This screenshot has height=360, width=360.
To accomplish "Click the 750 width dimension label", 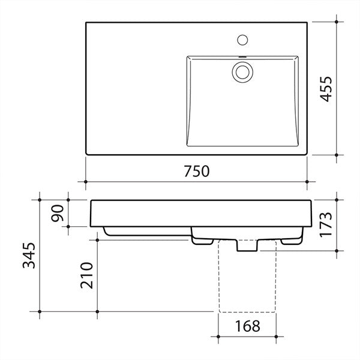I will click(196, 171).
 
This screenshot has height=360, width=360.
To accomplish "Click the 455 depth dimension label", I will click(325, 89).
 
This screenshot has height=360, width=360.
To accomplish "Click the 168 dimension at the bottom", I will click(247, 327).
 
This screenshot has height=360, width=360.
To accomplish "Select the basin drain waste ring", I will click(243, 71).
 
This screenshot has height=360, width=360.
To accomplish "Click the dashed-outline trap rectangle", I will click(247, 279).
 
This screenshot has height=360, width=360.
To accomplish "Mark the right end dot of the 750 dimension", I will click(307, 181).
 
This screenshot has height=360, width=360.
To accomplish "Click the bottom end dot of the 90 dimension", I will click(69, 227).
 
